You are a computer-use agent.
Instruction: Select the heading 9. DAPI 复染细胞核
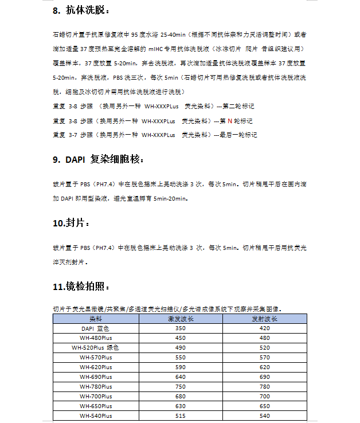point(98,159)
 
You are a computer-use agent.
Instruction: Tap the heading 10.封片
point(71,222)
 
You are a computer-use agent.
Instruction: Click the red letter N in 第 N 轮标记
point(229,121)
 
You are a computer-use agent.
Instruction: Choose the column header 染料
point(95,318)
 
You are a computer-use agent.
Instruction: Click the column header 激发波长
point(181,318)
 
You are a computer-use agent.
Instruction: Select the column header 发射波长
point(265,318)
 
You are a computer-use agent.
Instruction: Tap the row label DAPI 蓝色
point(95,328)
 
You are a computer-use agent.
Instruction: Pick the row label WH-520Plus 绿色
point(95,347)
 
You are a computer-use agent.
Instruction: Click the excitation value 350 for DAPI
point(181,328)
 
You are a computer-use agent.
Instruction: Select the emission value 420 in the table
point(265,328)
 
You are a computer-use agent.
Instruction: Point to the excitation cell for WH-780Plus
point(181,386)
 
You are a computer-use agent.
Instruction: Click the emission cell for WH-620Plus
point(265,367)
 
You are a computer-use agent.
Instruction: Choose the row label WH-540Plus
point(95,416)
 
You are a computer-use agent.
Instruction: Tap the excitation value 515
point(181,416)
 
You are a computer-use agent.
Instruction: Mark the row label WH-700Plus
point(95,396)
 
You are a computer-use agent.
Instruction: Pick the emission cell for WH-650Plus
point(265,406)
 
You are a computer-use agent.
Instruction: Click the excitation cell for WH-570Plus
point(181,357)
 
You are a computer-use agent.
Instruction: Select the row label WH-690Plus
point(95,377)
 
